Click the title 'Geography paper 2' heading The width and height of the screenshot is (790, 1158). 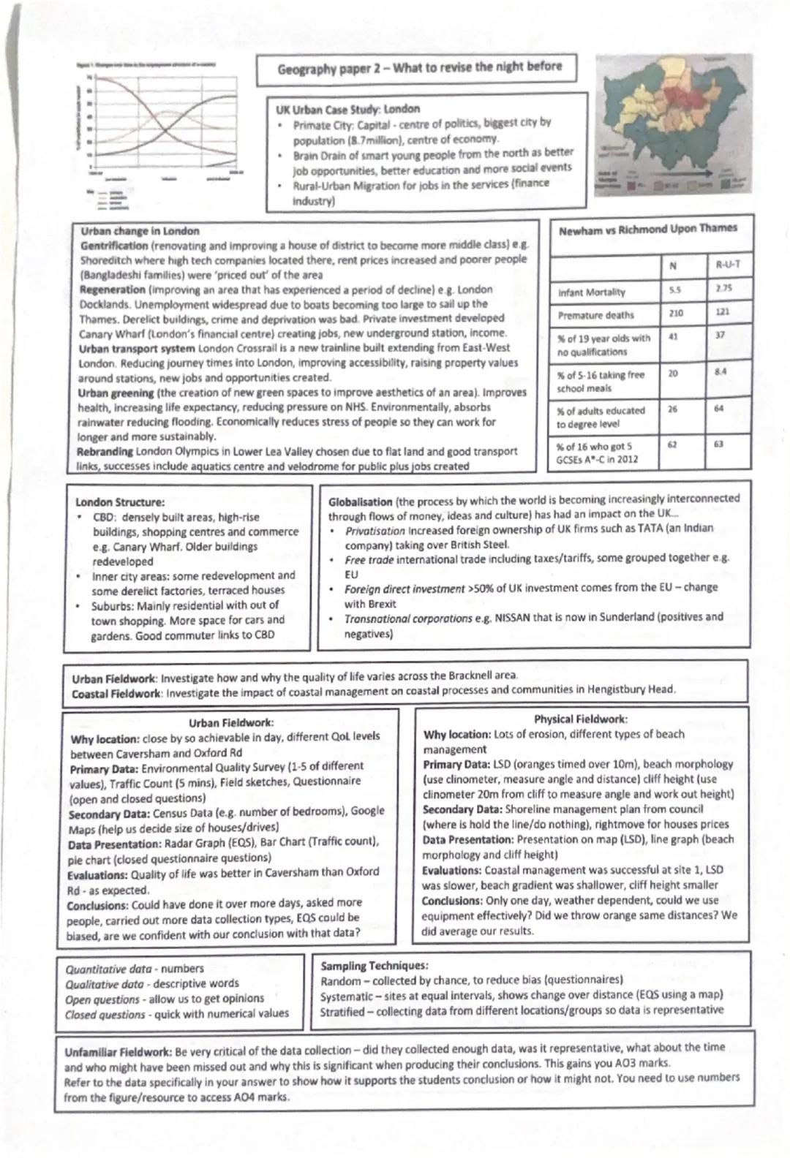[x=419, y=68]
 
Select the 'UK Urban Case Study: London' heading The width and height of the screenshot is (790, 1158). [x=347, y=109]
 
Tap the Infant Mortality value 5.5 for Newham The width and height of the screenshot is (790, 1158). [x=671, y=289]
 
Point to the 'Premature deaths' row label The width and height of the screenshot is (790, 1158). [x=595, y=315]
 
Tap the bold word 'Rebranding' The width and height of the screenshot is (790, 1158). [x=104, y=452]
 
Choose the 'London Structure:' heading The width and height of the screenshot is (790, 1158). [x=120, y=502]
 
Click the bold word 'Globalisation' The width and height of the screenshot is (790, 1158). [x=360, y=502]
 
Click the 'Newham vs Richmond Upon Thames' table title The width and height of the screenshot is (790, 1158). [x=647, y=230]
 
